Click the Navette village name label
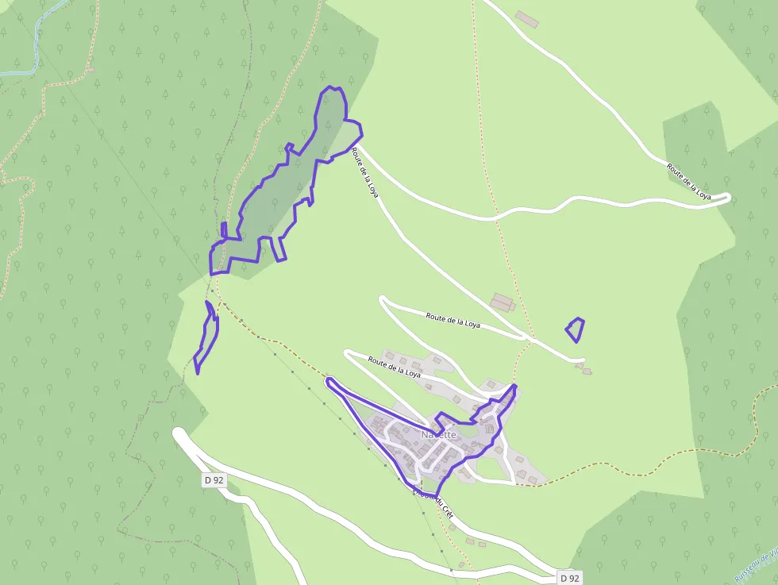coord(439,434)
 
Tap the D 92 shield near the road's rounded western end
coord(213,479)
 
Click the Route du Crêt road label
coord(433,503)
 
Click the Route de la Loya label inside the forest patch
coord(687,180)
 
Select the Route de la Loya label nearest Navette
coord(394,367)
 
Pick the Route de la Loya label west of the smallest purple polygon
coord(453,319)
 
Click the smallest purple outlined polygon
coord(576,329)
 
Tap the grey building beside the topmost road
coord(526,18)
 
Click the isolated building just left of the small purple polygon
coord(503,302)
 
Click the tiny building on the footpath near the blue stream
coord(91,70)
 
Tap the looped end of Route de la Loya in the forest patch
coord(724,198)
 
